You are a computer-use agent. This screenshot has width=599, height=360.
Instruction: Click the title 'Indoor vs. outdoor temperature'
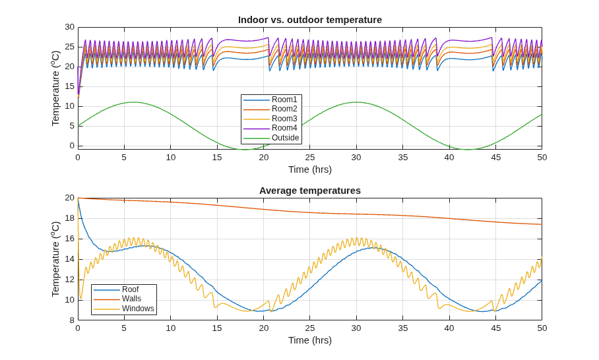pos(310,20)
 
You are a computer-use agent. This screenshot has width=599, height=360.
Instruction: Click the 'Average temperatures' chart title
pos(310,191)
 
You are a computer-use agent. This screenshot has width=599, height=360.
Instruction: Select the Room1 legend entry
pos(270,100)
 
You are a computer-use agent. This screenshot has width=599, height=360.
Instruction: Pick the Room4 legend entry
pos(270,128)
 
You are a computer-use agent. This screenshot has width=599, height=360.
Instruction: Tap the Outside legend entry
pos(271,138)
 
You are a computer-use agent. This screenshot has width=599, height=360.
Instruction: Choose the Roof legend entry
pos(116,289)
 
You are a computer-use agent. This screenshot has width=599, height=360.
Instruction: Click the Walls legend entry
pos(117,299)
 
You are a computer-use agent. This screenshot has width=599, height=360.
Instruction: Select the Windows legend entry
pos(124,309)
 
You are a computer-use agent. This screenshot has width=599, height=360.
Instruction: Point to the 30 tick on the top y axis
pos(69,27)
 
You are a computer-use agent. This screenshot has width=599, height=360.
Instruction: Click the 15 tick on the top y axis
pos(69,86)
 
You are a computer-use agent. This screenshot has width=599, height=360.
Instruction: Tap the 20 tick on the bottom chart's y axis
pos(69,198)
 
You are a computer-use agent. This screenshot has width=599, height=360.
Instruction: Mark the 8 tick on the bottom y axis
pos(72,320)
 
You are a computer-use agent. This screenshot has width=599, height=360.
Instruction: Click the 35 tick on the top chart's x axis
pos(402,158)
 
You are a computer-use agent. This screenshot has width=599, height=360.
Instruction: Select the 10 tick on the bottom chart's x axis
pos(171,328)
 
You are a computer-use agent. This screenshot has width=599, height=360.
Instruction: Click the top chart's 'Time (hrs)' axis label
pos(310,169)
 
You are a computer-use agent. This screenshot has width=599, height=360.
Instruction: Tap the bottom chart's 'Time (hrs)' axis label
pos(310,340)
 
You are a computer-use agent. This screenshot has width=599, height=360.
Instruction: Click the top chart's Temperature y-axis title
pos(56,88)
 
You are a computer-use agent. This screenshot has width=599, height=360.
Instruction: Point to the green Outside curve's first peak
pos(133,102)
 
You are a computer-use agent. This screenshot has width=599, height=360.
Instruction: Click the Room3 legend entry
pos(270,119)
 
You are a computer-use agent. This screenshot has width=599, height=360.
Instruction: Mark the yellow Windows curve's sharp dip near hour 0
pos(80,298)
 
